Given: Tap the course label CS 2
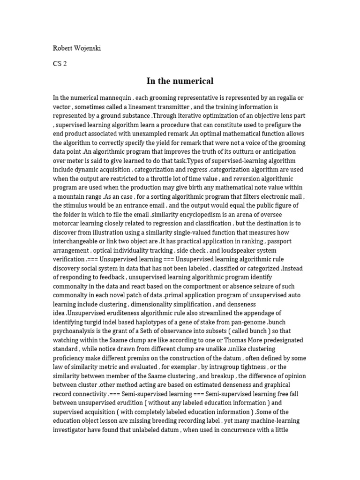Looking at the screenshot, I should pyautogui.click(x=60, y=64).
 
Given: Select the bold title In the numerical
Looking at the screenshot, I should pyautogui.click(x=180, y=81).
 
